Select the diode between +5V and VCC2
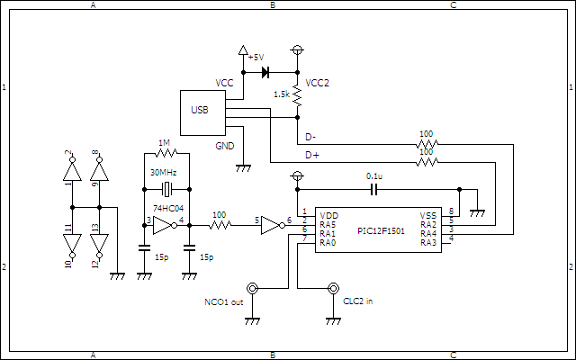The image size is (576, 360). pos(265,72)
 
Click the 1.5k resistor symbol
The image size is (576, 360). pos(297,94)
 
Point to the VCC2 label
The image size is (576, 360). pos(318,83)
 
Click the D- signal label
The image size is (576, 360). pos(310,137)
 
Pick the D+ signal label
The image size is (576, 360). pos(311,155)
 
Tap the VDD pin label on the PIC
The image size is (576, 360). pos(328,216)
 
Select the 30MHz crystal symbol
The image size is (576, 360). pos(166,189)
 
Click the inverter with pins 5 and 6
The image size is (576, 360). pos(271,227)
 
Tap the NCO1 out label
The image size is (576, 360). pos(224,302)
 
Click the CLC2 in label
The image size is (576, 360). pos(356,301)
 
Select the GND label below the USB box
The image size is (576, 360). pos(224,146)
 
